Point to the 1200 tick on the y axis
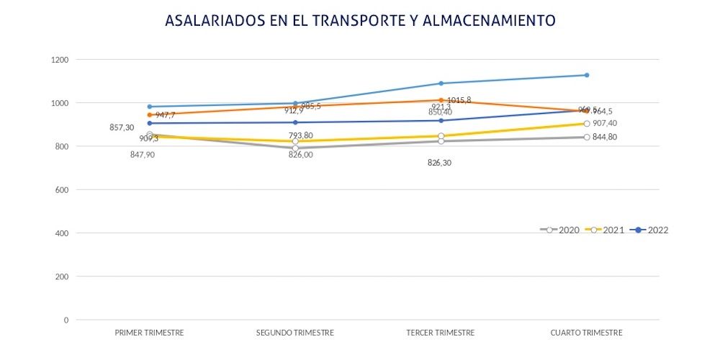(x=60, y=60)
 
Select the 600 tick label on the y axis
(x=63, y=190)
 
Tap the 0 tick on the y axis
(x=66, y=320)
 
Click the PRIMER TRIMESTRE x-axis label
(x=149, y=333)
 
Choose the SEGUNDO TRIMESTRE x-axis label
(x=295, y=333)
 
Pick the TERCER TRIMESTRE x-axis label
(x=441, y=333)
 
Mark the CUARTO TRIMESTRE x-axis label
(x=586, y=333)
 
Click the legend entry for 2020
(x=560, y=230)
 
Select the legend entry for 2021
(x=604, y=230)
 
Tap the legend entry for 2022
(x=649, y=230)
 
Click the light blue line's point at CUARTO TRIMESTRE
(x=587, y=75)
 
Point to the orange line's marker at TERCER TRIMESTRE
(x=441, y=100)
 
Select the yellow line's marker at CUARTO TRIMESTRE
(x=587, y=124)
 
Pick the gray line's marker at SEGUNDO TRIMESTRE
(x=295, y=148)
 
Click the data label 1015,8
(x=459, y=100)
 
